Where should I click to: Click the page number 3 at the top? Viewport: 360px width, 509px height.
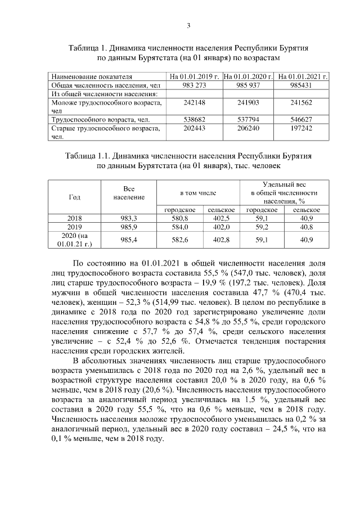[x=188, y=25]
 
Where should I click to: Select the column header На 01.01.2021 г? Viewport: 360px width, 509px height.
[x=303, y=76]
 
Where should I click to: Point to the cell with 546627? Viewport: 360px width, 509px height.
[x=303, y=120]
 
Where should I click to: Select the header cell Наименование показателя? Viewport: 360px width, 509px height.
[x=92, y=76]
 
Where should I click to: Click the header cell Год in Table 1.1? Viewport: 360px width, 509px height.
[x=74, y=197]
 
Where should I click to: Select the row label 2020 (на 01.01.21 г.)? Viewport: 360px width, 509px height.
[x=74, y=240]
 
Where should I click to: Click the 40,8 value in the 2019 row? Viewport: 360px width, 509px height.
[x=307, y=227]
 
